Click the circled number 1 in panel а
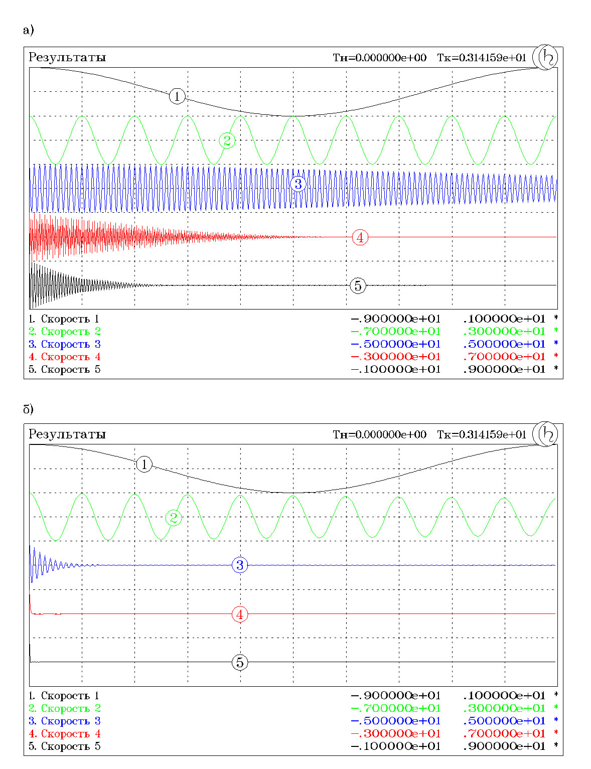[x=177, y=96]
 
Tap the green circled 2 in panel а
[x=227, y=140]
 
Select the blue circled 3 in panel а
[x=298, y=184]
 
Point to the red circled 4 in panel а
[x=360, y=237]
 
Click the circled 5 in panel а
[x=358, y=286]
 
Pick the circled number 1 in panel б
[x=144, y=464]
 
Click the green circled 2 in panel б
[x=174, y=518]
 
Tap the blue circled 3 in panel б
[x=240, y=565]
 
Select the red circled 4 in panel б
[x=240, y=614]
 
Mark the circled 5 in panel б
[x=240, y=662]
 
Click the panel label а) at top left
[x=28, y=30]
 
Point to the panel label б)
[x=28, y=409]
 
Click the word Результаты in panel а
[x=67, y=57]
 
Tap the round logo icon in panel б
[x=545, y=434]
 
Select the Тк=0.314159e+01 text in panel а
[x=482, y=58]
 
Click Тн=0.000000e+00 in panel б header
[x=379, y=434]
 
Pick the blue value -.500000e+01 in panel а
[x=395, y=344]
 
